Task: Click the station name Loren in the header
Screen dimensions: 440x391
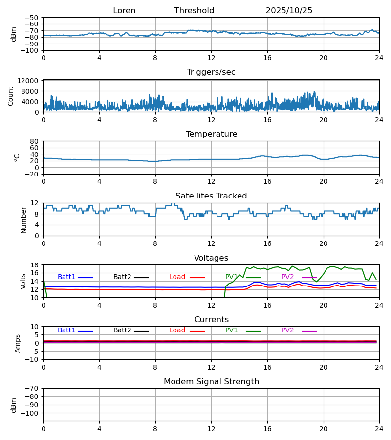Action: pyautogui.click(x=124, y=11)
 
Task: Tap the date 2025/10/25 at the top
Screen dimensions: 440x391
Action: pyautogui.click(x=289, y=11)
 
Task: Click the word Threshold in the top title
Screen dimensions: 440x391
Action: pyautogui.click(x=194, y=11)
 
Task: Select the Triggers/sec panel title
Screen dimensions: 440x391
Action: pyautogui.click(x=211, y=72)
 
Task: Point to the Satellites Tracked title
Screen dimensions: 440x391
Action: pyautogui.click(x=211, y=196)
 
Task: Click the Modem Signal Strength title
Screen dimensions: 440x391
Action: pyautogui.click(x=211, y=382)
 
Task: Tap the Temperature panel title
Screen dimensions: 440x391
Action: pyautogui.click(x=211, y=134)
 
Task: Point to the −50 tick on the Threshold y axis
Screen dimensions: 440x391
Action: pyautogui.click(x=31, y=18)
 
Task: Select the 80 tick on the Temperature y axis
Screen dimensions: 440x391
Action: pyautogui.click(x=34, y=141)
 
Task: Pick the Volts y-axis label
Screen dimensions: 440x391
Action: pyautogui.click(x=23, y=281)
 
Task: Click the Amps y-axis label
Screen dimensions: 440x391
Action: pyautogui.click(x=18, y=343)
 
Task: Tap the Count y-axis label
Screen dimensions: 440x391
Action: pyautogui.click(x=11, y=96)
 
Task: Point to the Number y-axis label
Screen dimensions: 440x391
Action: pyautogui.click(x=23, y=220)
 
